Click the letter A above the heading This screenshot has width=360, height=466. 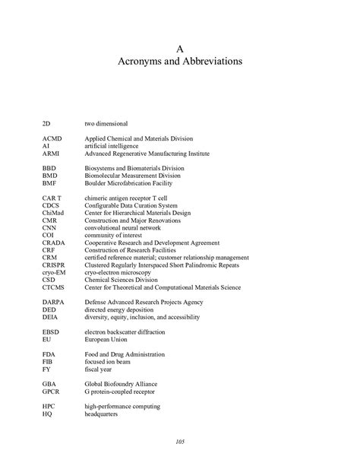click(179, 46)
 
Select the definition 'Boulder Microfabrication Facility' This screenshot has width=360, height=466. click(132, 182)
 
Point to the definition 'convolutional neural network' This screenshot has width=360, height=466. click(122, 227)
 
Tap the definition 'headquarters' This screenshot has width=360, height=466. click(103, 414)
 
